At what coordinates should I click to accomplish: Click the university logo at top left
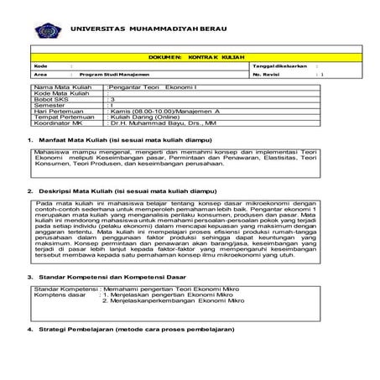[46, 30]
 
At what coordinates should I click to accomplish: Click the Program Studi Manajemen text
[98, 74]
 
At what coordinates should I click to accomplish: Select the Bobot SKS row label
[51, 98]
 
